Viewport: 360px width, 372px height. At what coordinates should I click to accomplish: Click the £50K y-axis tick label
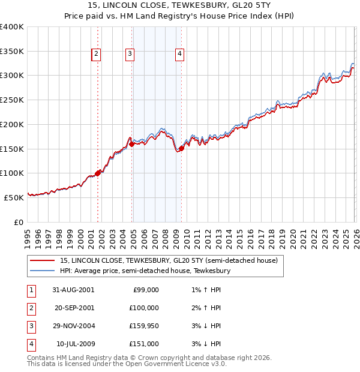coord(14,197)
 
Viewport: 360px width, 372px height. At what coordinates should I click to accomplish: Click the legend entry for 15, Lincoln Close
coord(168,261)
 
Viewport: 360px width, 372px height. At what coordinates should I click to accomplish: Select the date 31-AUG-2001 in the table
coord(73,290)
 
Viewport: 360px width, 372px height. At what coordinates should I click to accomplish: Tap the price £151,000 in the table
coord(143,344)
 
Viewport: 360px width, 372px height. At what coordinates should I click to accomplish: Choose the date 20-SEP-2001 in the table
coord(73,308)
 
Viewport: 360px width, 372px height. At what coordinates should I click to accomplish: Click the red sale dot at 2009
coord(181,149)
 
